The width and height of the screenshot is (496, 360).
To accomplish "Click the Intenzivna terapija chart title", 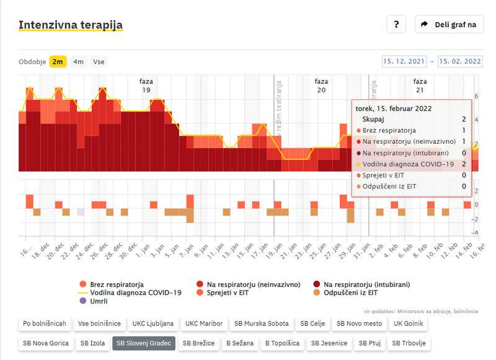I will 71,25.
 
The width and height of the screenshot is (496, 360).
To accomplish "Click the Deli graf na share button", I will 449,25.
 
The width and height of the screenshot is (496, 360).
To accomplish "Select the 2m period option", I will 58,61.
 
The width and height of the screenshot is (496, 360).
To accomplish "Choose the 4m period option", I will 79,61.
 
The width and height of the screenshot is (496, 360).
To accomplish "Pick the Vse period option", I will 99,61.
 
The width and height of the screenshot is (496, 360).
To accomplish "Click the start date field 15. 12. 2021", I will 404,61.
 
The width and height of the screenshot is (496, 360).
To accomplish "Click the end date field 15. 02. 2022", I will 459,61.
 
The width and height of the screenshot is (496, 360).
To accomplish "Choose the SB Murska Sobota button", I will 257,323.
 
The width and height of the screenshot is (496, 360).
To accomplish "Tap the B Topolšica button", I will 283,343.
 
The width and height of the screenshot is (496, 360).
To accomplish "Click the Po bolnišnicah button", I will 44,323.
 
